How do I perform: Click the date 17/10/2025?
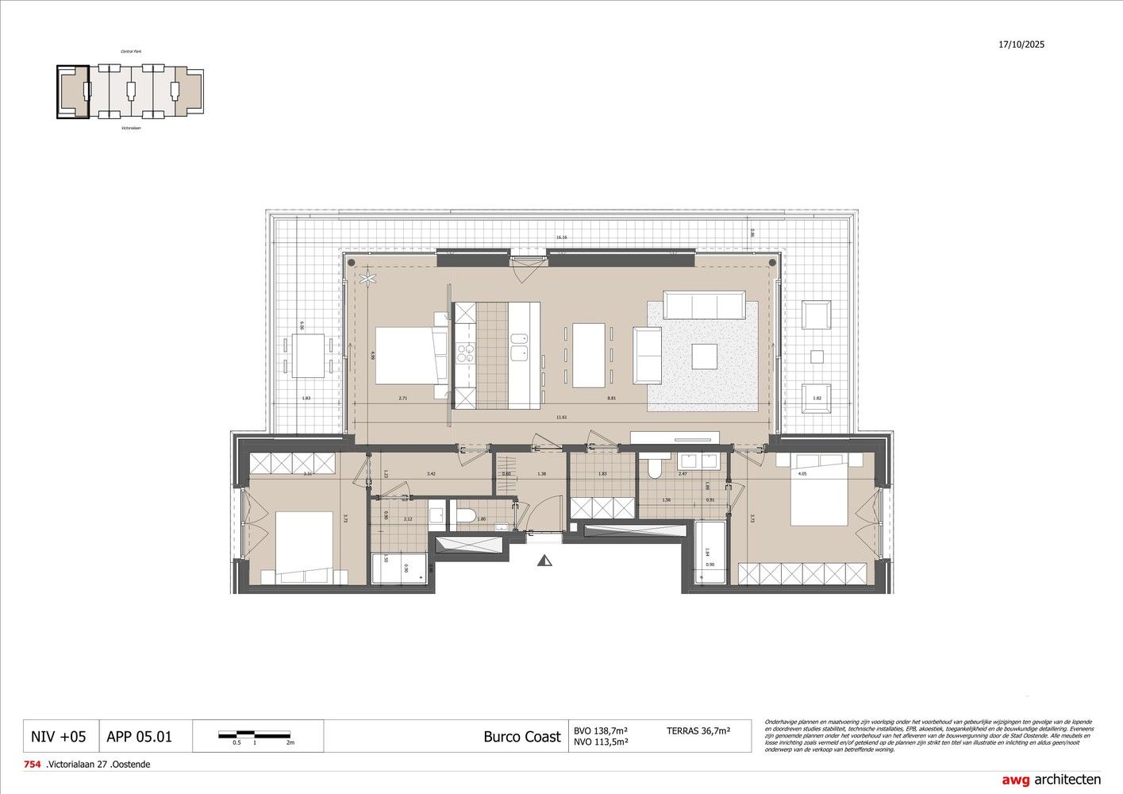[1021, 44]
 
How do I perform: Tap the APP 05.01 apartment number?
[139, 736]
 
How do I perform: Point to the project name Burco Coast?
[521, 736]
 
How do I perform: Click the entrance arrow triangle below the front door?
[544, 561]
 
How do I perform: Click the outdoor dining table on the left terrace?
[308, 356]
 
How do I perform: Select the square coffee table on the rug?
[704, 356]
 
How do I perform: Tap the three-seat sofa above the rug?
[705, 305]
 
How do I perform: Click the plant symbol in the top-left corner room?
[367, 277]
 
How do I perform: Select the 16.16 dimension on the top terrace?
[562, 237]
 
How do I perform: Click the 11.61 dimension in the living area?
[562, 417]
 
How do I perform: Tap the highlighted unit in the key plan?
[71, 92]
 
